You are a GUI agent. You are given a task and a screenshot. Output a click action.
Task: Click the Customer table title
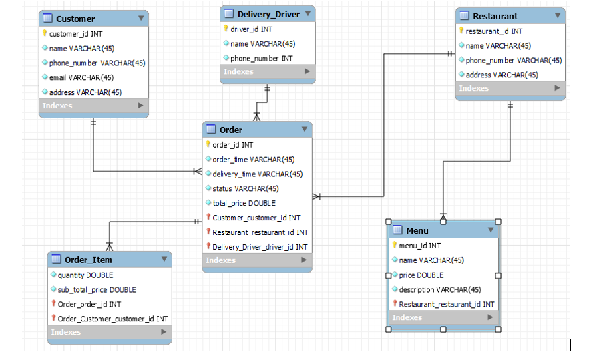(75, 19)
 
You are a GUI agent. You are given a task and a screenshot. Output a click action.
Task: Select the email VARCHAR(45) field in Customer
(81, 77)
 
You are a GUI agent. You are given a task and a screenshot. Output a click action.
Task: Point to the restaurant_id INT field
(493, 31)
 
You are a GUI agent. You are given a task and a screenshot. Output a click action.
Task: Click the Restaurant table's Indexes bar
(510, 88)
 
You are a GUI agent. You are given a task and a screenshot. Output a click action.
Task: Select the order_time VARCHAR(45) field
(253, 160)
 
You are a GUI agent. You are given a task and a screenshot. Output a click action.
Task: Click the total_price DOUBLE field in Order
(244, 203)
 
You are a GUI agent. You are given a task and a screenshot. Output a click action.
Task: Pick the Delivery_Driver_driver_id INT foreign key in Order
(260, 247)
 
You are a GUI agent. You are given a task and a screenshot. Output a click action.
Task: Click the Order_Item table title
(88, 260)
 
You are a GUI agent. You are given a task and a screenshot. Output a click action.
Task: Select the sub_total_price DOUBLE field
(97, 289)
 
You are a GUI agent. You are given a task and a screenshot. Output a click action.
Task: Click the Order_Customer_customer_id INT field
(112, 319)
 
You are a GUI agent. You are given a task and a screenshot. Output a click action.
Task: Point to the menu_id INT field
(419, 246)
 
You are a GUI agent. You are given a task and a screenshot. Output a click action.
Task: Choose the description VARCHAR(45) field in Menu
(440, 289)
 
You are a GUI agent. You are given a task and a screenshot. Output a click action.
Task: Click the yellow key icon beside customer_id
(45, 33)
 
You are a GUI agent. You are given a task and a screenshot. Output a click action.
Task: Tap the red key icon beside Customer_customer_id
(208, 218)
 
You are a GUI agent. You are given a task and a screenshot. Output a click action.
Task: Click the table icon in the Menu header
(398, 230)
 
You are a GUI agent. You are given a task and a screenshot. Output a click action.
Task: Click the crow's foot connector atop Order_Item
(110, 246)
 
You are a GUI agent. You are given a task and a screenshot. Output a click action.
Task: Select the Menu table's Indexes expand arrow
(491, 317)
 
